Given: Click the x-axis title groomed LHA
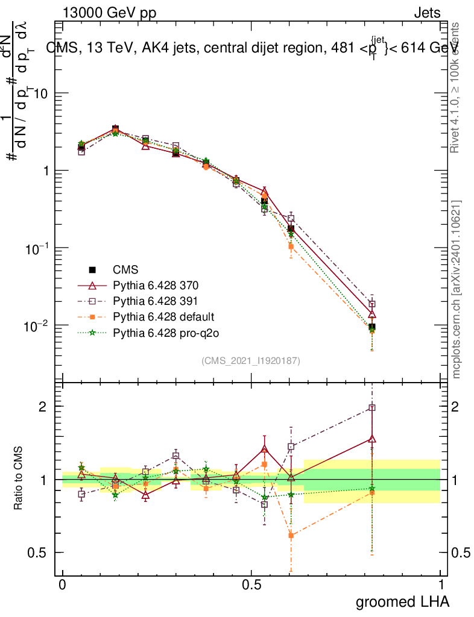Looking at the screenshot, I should pos(402,601).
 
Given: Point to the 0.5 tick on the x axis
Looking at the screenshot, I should pos(251,584).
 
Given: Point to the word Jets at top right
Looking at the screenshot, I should pos(427,13).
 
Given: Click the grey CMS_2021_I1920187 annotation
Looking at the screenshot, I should pos(251,360).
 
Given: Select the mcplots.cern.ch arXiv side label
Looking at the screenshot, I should pos(457,289).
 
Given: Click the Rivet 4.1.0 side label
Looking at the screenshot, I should pos(457,87).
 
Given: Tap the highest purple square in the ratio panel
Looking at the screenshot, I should pos(373,408).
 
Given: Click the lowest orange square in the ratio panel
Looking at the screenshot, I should pos(291,535).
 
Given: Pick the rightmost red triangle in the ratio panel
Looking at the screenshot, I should pos(373,439).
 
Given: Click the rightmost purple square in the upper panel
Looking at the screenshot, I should pos(373,304).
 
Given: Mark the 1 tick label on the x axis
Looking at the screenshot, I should pos(441,584).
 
